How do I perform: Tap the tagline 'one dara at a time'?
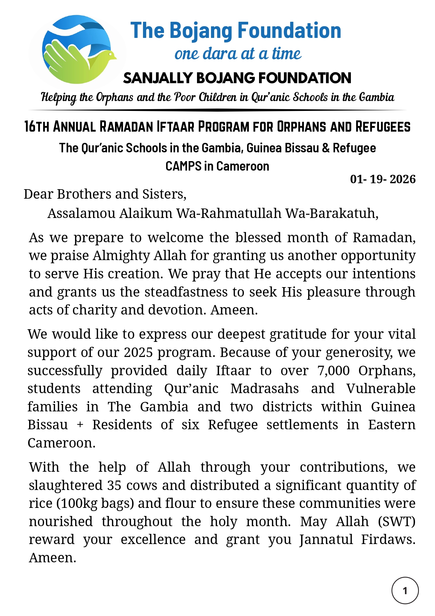pos(238,54)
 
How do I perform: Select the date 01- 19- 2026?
pos(382,179)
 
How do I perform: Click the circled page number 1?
pos(405,590)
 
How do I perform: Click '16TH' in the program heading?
pos(37,127)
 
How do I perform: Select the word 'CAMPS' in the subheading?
pos(183,166)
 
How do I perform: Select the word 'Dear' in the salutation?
pos(38,194)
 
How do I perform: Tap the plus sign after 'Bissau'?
pos(80,425)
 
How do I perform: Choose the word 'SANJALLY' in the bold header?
pos(158,78)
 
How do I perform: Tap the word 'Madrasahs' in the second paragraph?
pos(265,389)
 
